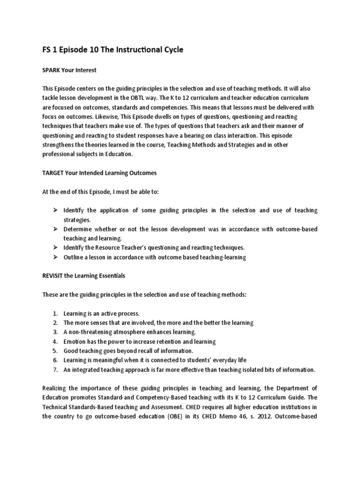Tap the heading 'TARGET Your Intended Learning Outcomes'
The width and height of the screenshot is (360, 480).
coord(99,172)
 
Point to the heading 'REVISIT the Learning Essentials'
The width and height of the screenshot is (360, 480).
coord(84,276)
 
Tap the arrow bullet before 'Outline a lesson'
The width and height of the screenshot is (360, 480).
coord(54,257)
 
